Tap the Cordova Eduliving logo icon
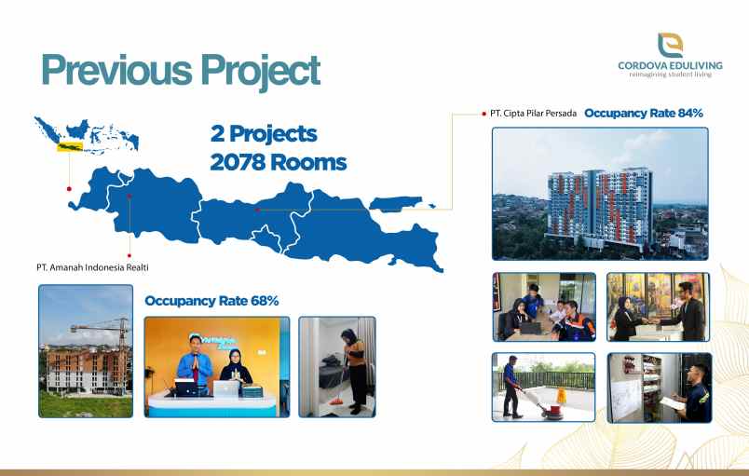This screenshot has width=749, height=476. [x=670, y=44]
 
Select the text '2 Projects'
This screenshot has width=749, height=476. [x=264, y=133]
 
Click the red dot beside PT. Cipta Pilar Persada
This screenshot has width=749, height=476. [x=483, y=113]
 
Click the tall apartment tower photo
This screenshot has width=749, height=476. [x=599, y=194]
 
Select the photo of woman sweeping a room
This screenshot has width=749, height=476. [x=337, y=366]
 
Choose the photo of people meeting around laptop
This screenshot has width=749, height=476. [x=544, y=306]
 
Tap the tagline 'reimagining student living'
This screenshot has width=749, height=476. [x=671, y=75]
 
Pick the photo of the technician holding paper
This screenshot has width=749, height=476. [x=659, y=388]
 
